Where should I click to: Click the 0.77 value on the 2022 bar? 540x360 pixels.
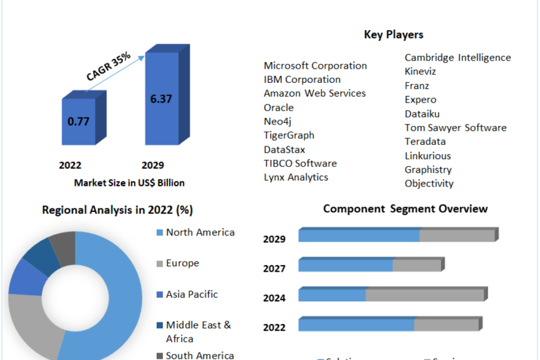tap(78, 121)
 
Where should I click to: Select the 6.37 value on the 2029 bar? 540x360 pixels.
tap(161, 99)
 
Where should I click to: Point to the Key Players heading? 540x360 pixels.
tap(393, 35)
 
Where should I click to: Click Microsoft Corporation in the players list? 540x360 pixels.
tap(315, 65)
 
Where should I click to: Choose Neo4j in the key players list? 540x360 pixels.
tap(277, 121)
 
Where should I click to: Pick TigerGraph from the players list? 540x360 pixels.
tap(289, 135)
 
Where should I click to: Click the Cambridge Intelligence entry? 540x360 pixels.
tap(458, 57)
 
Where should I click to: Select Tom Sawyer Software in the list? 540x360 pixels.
tap(456, 128)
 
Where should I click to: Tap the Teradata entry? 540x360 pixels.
tap(425, 141)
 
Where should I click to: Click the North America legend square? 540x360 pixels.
tap(159, 232)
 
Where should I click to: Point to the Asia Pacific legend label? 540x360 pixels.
tap(192, 294)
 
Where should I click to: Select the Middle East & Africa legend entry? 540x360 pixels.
tap(198, 332)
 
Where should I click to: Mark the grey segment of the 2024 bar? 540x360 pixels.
tap(425, 295)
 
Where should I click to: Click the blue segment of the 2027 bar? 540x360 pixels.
tap(346, 265)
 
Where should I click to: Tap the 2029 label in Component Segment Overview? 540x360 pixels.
tap(274, 239)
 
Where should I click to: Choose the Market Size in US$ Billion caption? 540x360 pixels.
tap(129, 183)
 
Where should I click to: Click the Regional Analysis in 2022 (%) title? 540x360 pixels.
tap(118, 210)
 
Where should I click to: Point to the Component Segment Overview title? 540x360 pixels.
tap(406, 209)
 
